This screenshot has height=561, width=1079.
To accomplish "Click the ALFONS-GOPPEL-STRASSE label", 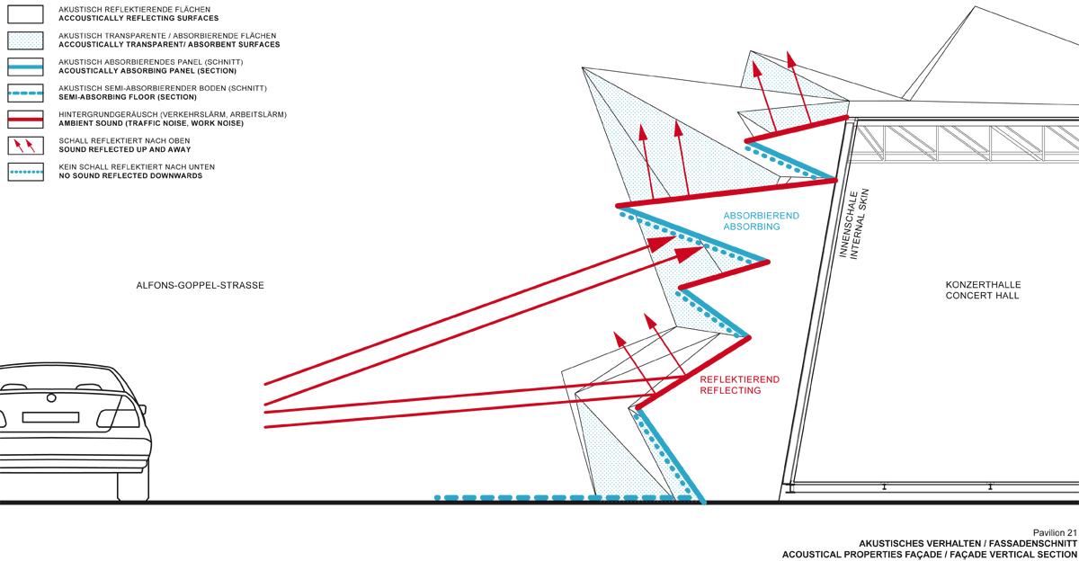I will [201, 286].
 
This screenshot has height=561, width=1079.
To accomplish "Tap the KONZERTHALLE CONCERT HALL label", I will [982, 289].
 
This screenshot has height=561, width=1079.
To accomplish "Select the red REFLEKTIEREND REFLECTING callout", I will [740, 385].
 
